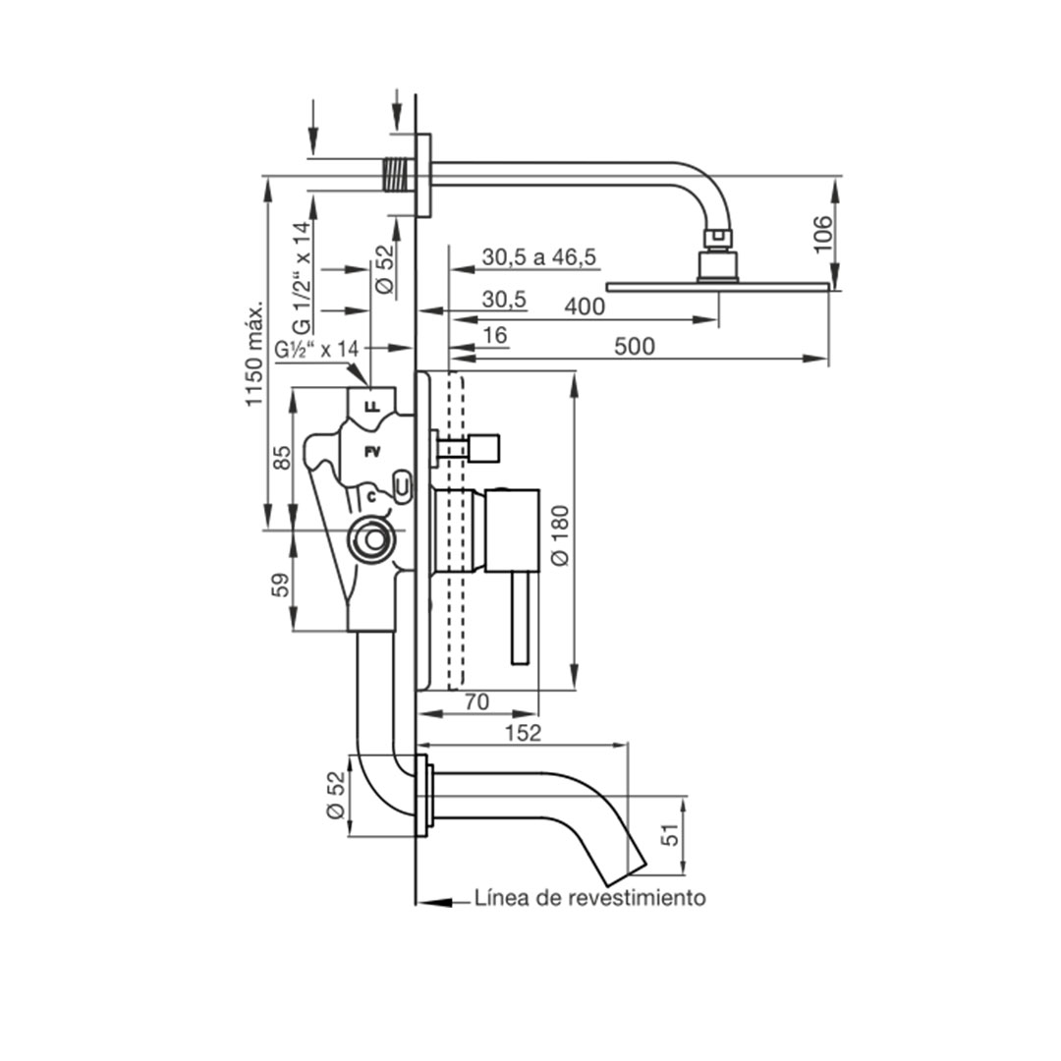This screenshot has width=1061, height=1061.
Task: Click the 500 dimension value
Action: click(x=634, y=347)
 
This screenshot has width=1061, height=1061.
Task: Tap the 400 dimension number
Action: click(x=585, y=307)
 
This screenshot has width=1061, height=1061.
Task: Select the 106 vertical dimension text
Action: click(x=823, y=234)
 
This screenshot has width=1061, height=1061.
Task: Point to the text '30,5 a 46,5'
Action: click(x=538, y=257)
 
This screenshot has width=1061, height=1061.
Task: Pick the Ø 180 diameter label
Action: click(x=561, y=535)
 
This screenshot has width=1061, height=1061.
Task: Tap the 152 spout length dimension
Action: click(x=523, y=733)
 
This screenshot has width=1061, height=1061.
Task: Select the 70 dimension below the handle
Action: click(x=476, y=701)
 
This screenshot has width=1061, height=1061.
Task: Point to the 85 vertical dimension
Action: click(x=282, y=458)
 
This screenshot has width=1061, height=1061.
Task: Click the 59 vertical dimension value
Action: click(x=281, y=585)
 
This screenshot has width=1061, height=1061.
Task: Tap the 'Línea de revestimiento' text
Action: click(x=589, y=898)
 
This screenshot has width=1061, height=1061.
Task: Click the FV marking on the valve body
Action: click(x=371, y=451)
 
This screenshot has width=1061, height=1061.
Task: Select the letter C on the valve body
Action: click(x=370, y=497)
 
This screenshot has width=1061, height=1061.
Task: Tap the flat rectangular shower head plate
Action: click(x=717, y=287)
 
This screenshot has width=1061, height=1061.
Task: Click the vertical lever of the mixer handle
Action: click(x=521, y=616)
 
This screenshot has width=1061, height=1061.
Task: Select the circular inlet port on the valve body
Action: click(x=370, y=539)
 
